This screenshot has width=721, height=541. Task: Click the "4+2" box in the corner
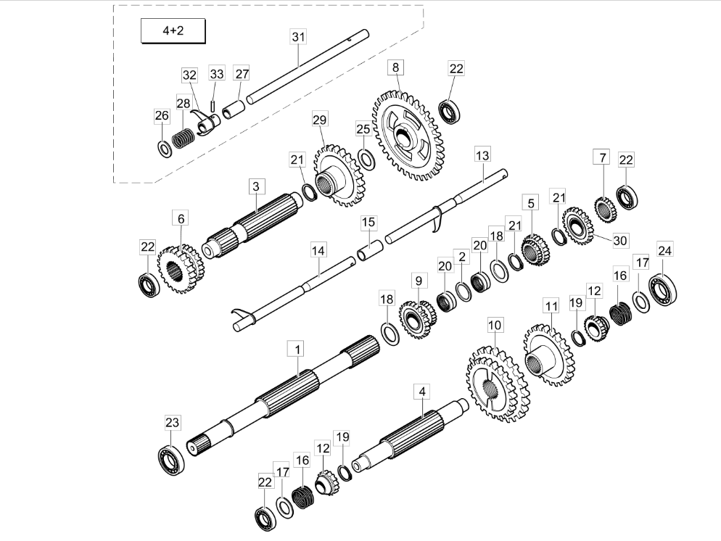(x=172, y=33)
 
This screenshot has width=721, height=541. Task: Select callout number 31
(x=299, y=37)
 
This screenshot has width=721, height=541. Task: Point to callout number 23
(x=172, y=423)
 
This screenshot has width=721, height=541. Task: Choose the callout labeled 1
(x=297, y=349)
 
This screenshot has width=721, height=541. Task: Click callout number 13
(x=482, y=154)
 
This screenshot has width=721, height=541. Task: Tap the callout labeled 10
(x=494, y=325)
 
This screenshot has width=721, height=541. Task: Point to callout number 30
(x=619, y=240)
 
